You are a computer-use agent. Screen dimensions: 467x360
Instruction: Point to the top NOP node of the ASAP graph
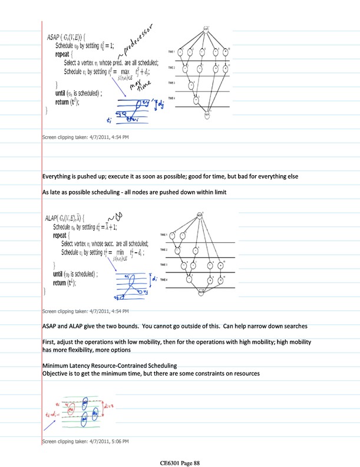click(x=206, y=28)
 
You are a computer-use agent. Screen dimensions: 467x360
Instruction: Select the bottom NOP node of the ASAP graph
click(x=207, y=116)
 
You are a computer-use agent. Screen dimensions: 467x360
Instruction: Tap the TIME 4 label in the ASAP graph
click(x=171, y=97)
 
